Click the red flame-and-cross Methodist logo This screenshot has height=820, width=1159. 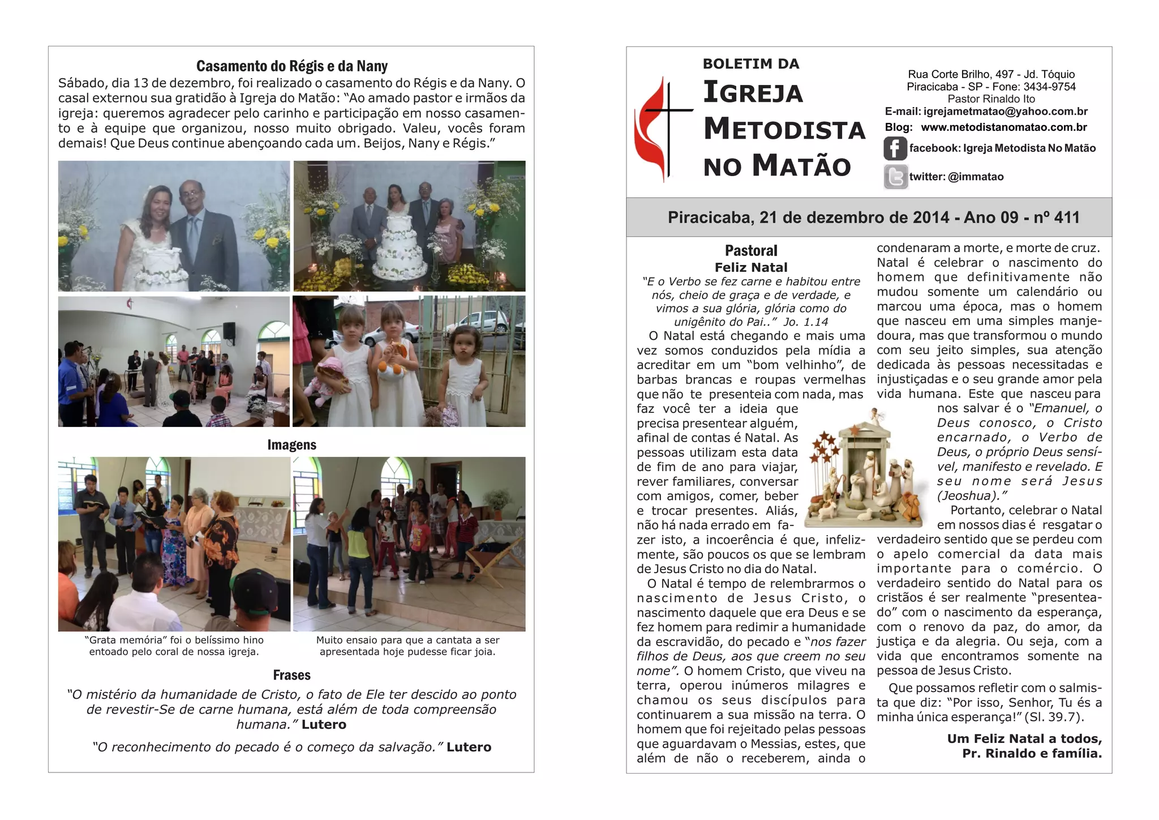point(661,129)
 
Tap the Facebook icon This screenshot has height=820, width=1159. point(895,148)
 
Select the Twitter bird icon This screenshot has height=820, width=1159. point(895,177)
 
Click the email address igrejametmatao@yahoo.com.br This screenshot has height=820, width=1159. point(1005,112)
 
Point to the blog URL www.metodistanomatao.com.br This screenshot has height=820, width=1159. point(1003,127)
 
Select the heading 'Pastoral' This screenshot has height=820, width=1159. point(751,250)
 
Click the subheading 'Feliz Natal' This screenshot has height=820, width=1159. point(751,267)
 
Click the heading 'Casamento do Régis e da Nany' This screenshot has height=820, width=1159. point(291,66)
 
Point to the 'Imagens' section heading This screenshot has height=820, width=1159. point(291,445)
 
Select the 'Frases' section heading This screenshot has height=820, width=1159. point(291,675)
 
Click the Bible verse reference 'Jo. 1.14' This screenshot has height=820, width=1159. point(806,322)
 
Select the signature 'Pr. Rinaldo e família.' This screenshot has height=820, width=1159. point(1032,754)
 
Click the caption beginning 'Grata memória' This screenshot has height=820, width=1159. point(174,646)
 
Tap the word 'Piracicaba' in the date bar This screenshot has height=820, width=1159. point(710,217)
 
